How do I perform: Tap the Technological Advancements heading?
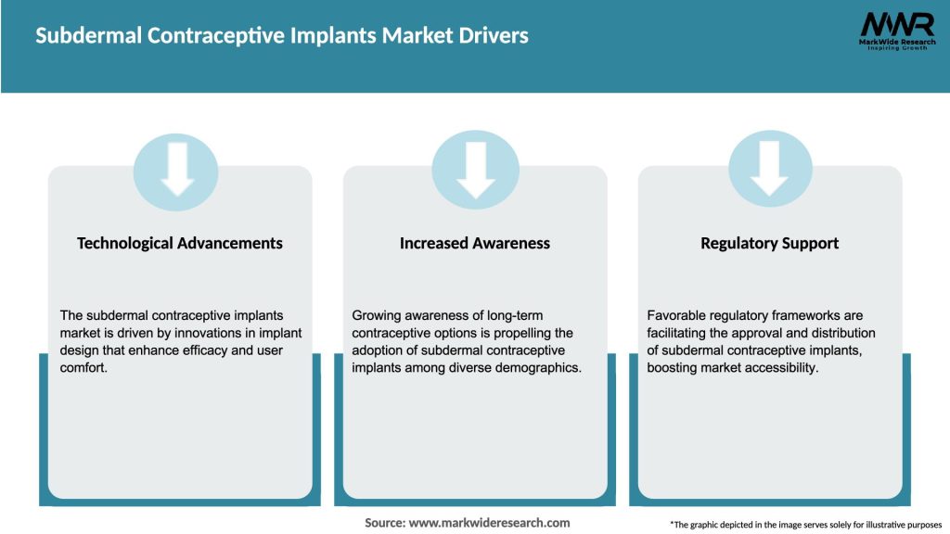pyautogui.click(x=180, y=243)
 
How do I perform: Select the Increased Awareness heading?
pyautogui.click(x=475, y=243)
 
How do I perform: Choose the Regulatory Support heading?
pyautogui.click(x=769, y=243)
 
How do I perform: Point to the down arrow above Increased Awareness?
pyautogui.click(x=475, y=170)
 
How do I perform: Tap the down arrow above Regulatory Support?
pyautogui.click(x=770, y=170)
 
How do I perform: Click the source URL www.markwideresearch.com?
pyautogui.click(x=489, y=523)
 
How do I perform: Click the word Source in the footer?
pyautogui.click(x=383, y=523)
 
